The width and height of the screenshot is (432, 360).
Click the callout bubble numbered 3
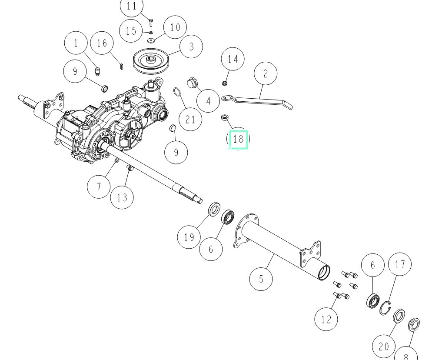click(191, 46)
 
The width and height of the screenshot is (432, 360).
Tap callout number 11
click(131, 7)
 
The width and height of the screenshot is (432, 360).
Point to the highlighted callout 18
click(238, 140)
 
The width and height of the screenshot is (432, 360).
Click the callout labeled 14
click(233, 59)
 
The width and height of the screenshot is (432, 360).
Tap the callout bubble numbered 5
click(261, 278)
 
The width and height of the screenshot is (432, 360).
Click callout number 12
click(326, 320)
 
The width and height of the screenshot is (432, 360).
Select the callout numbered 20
click(384, 347)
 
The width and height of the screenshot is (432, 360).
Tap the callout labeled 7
click(99, 187)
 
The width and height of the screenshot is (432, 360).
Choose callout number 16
click(102, 43)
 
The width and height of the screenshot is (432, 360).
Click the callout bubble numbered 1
click(76, 43)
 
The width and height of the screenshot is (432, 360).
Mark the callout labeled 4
click(208, 101)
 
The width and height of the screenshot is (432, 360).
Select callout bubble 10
click(175, 28)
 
